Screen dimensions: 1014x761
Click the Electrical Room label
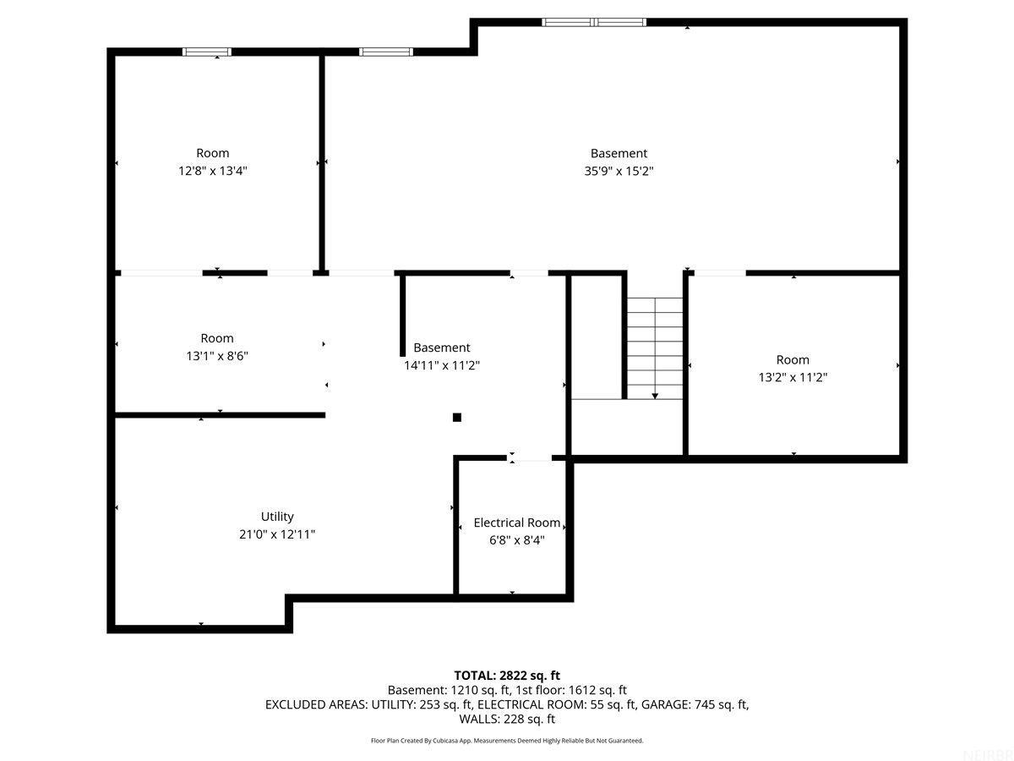(516, 523)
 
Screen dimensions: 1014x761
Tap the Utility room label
(277, 516)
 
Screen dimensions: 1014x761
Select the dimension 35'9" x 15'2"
(619, 171)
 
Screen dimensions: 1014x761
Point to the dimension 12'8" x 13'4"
(212, 171)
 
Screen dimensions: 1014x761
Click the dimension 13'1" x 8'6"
(217, 356)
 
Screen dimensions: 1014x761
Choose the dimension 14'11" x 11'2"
(442, 365)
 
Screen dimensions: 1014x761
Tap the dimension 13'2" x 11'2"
(793, 377)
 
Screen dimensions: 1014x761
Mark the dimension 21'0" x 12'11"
(277, 534)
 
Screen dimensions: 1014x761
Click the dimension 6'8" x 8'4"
(516, 539)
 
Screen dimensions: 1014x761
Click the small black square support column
(457, 418)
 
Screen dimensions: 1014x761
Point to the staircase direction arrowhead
(655, 396)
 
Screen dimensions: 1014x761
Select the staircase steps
(655, 348)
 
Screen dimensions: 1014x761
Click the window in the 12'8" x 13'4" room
(207, 52)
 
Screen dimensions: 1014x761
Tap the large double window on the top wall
(594, 22)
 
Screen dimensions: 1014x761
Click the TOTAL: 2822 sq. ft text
(507, 676)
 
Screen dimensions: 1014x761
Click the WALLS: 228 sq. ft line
(507, 719)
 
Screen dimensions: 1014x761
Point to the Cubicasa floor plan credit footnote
(507, 741)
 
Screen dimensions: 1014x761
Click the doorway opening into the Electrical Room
(530, 458)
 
